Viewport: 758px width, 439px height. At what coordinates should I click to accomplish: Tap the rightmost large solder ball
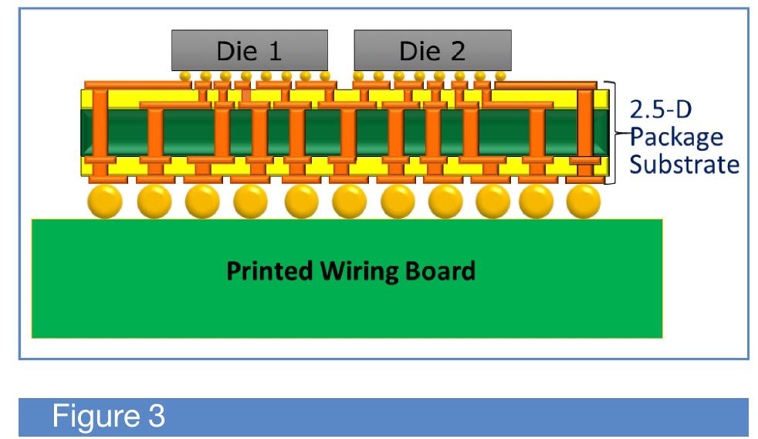(583, 202)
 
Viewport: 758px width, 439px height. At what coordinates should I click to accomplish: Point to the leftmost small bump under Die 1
(185, 77)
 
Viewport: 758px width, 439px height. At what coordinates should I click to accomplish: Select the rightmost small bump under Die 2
(500, 77)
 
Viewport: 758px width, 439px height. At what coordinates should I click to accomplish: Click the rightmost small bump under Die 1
(325, 77)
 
